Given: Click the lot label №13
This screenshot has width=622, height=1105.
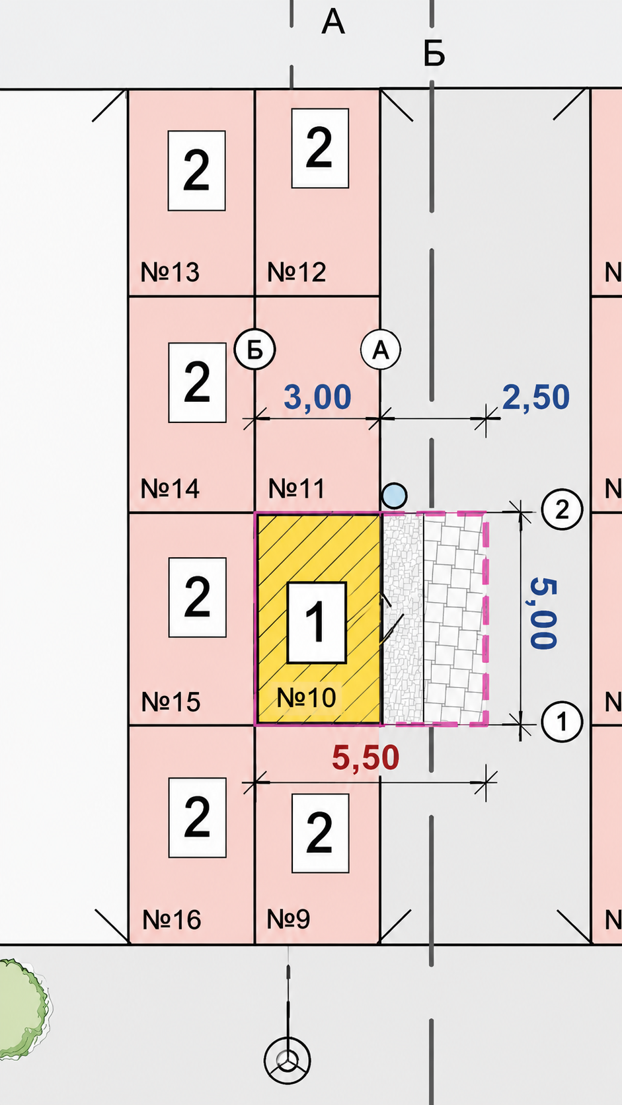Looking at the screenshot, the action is tap(170, 272).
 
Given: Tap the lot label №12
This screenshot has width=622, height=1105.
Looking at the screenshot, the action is tap(296, 272).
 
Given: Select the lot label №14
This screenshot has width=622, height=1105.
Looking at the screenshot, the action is tap(170, 488).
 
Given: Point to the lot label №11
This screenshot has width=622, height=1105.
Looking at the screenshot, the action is tap(296, 488).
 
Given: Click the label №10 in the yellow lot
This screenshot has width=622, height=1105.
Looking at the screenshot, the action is tap(306, 697).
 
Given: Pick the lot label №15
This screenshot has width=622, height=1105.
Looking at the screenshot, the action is tap(171, 701).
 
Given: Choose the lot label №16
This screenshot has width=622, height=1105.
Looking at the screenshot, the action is tap(172, 920).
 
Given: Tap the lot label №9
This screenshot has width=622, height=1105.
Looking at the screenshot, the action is tap(289, 919).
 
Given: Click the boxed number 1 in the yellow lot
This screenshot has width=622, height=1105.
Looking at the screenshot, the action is tap(317, 623).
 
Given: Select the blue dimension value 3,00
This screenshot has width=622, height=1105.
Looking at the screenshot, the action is tap(317, 397).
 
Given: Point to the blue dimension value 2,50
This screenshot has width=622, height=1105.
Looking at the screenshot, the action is tap(535, 397).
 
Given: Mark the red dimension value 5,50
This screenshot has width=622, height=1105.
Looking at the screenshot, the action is tap(366, 758).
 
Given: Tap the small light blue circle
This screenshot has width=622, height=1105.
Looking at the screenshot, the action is tap(395, 496).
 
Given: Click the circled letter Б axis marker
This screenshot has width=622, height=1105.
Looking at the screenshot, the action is tap(254, 350).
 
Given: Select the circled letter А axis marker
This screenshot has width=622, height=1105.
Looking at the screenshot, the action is tap(381, 350).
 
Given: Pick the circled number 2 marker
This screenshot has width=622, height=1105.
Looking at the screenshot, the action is tap(563, 510).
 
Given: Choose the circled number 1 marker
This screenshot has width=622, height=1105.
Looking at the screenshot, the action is tap(563, 722).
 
